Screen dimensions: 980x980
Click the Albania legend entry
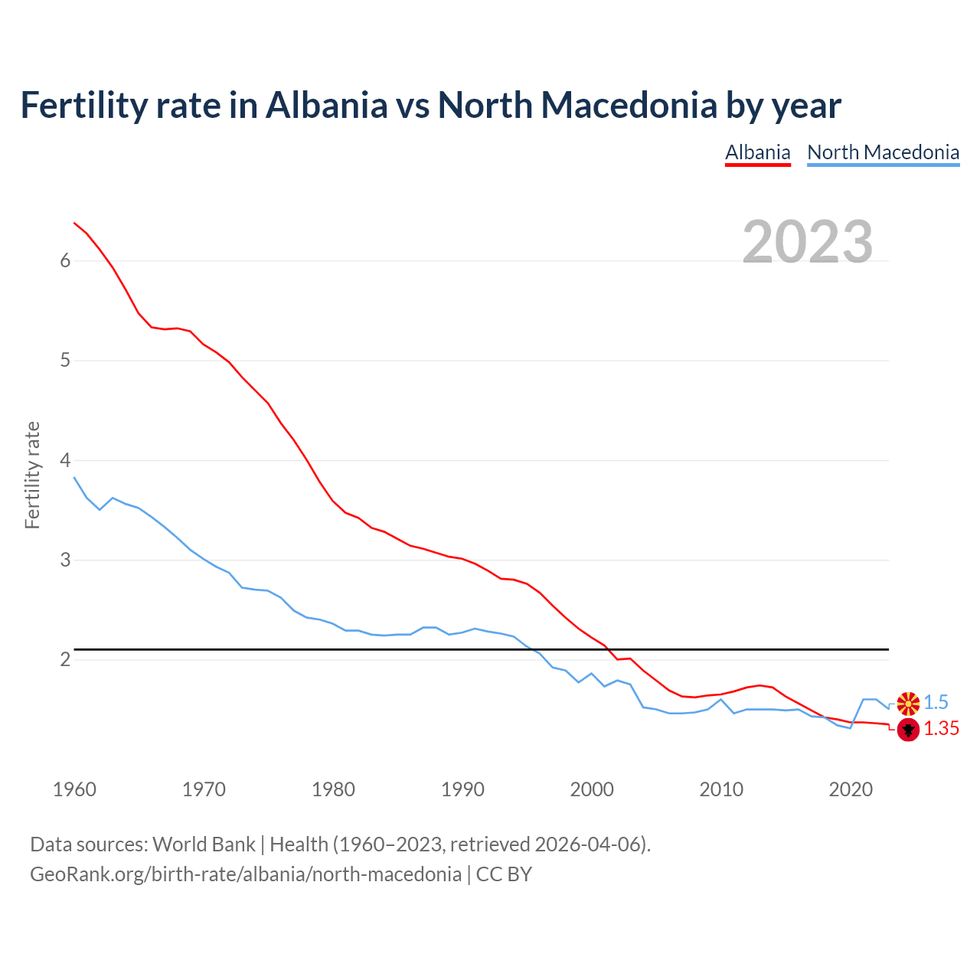pyautogui.click(x=757, y=152)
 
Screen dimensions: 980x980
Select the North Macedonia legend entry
pyautogui.click(x=883, y=152)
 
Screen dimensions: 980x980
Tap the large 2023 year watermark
pyautogui.click(x=808, y=242)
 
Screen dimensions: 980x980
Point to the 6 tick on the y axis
pyautogui.click(x=65, y=261)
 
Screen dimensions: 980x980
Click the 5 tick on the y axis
pyautogui.click(x=65, y=361)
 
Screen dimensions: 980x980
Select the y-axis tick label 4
pyautogui.click(x=65, y=460)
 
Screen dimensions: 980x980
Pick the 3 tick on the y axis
pyautogui.click(x=65, y=560)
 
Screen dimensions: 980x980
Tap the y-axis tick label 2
pyautogui.click(x=65, y=660)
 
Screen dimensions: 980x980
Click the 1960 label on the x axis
pyautogui.click(x=74, y=789)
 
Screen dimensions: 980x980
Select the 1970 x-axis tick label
pyautogui.click(x=204, y=789)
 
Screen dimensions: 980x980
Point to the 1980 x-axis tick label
pyautogui.click(x=333, y=789)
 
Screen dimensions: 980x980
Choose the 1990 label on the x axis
pyautogui.click(x=462, y=789)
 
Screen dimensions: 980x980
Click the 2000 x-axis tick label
pyautogui.click(x=592, y=789)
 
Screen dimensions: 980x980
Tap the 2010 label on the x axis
pyautogui.click(x=721, y=789)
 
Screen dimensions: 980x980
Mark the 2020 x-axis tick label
pyautogui.click(x=851, y=789)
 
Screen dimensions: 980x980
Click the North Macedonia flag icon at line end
pyautogui.click(x=908, y=703)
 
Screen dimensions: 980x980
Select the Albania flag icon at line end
pyautogui.click(x=908, y=730)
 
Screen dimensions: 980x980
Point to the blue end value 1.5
pyautogui.click(x=936, y=703)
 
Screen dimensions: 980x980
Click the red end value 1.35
pyautogui.click(x=941, y=729)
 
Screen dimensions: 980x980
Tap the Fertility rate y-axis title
pyautogui.click(x=32, y=475)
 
